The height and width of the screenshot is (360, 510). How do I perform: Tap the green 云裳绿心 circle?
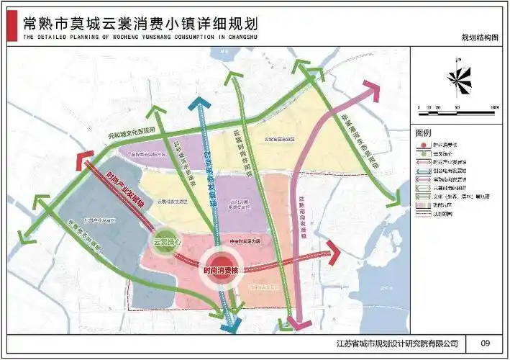point(165,245)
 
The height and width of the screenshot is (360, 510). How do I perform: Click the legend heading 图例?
point(424,134)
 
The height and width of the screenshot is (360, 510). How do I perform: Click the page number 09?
point(485,343)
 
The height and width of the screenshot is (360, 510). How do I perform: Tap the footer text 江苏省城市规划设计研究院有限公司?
point(397,343)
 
